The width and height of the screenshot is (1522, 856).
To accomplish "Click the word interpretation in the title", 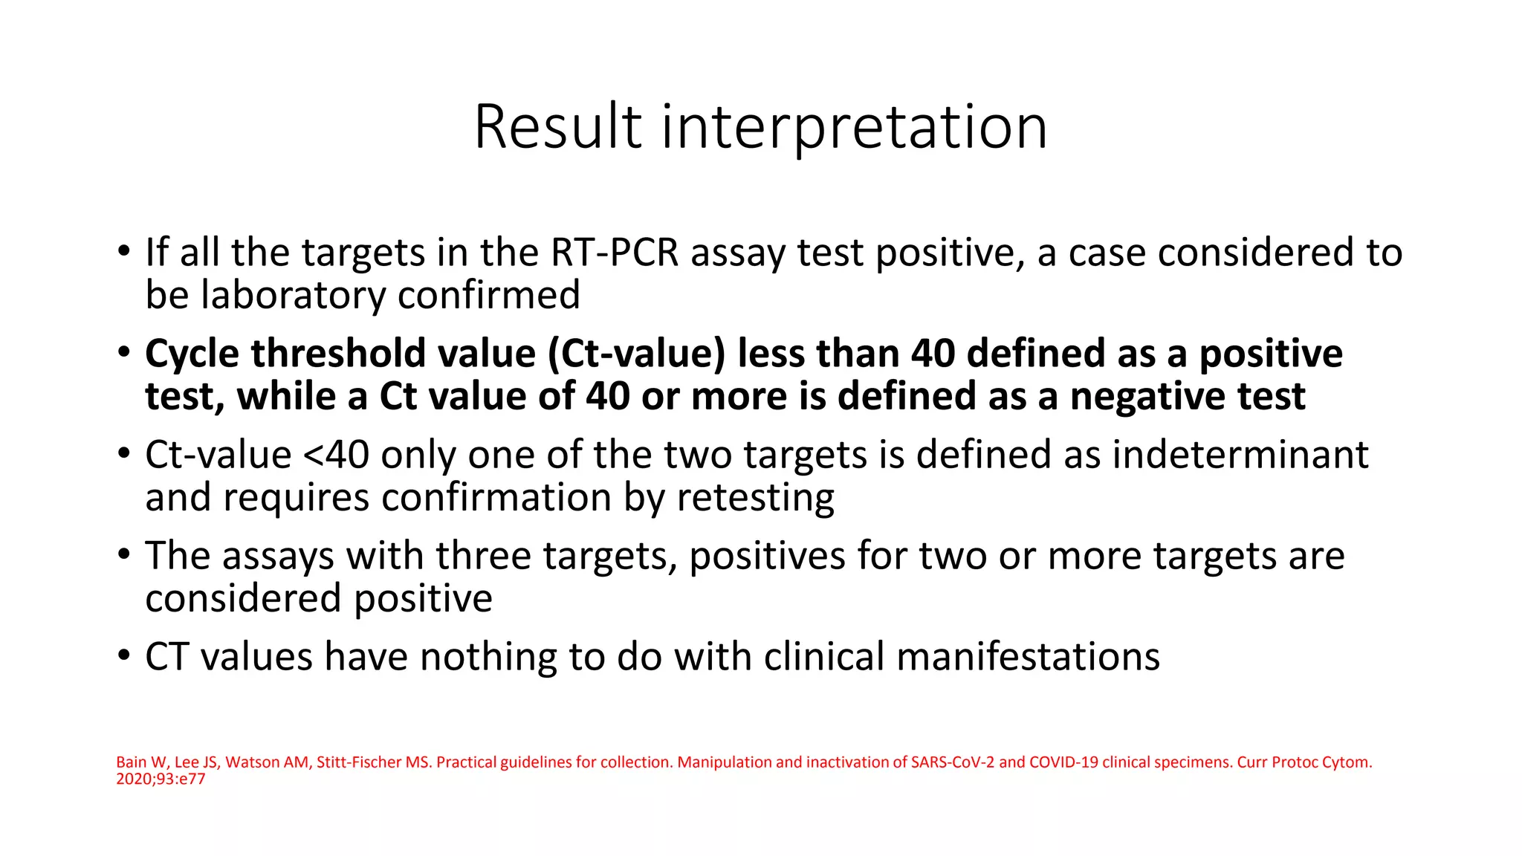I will [x=855, y=128].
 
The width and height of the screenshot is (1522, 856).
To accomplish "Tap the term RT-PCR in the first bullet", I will [x=615, y=253].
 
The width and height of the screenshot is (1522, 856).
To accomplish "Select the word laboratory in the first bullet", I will [x=293, y=295].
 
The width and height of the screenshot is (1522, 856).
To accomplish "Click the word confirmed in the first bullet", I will [x=489, y=295].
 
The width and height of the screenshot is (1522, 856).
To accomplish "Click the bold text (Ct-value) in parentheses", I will [x=636, y=354].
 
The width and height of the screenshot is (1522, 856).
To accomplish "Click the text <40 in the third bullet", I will [x=336, y=455].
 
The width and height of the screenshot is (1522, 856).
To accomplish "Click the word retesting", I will [x=755, y=498].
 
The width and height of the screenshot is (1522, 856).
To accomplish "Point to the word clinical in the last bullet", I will [x=823, y=657].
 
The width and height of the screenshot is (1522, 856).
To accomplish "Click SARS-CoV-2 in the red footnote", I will [x=952, y=762].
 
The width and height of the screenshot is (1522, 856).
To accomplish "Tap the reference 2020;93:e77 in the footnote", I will [x=161, y=779].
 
